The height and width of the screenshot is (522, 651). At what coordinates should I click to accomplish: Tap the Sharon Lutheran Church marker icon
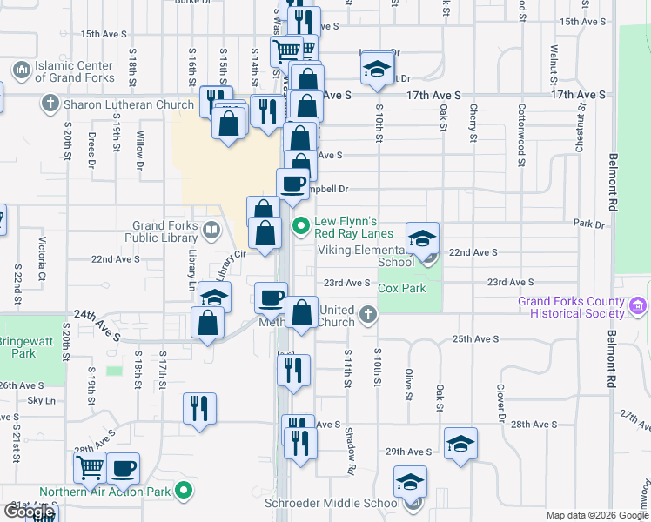[50, 105]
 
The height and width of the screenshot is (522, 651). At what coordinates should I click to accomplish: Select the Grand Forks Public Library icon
[211, 231]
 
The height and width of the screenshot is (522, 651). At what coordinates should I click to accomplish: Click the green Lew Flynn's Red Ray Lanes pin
[302, 227]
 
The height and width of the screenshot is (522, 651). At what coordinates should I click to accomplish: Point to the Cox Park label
[401, 288]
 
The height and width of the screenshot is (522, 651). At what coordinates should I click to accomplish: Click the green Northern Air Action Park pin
[183, 492]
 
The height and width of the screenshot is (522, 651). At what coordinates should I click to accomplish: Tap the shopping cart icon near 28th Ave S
[91, 468]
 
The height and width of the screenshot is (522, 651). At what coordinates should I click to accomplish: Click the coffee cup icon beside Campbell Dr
[292, 184]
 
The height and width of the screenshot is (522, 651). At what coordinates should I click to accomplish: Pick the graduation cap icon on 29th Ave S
[460, 443]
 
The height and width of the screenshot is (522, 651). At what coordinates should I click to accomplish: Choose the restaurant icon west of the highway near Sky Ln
[199, 408]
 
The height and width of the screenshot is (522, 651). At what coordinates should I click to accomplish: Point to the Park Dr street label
[589, 224]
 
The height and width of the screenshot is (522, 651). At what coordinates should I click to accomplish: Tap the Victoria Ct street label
[41, 253]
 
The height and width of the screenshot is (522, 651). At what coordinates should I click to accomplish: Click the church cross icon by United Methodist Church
[368, 314]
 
